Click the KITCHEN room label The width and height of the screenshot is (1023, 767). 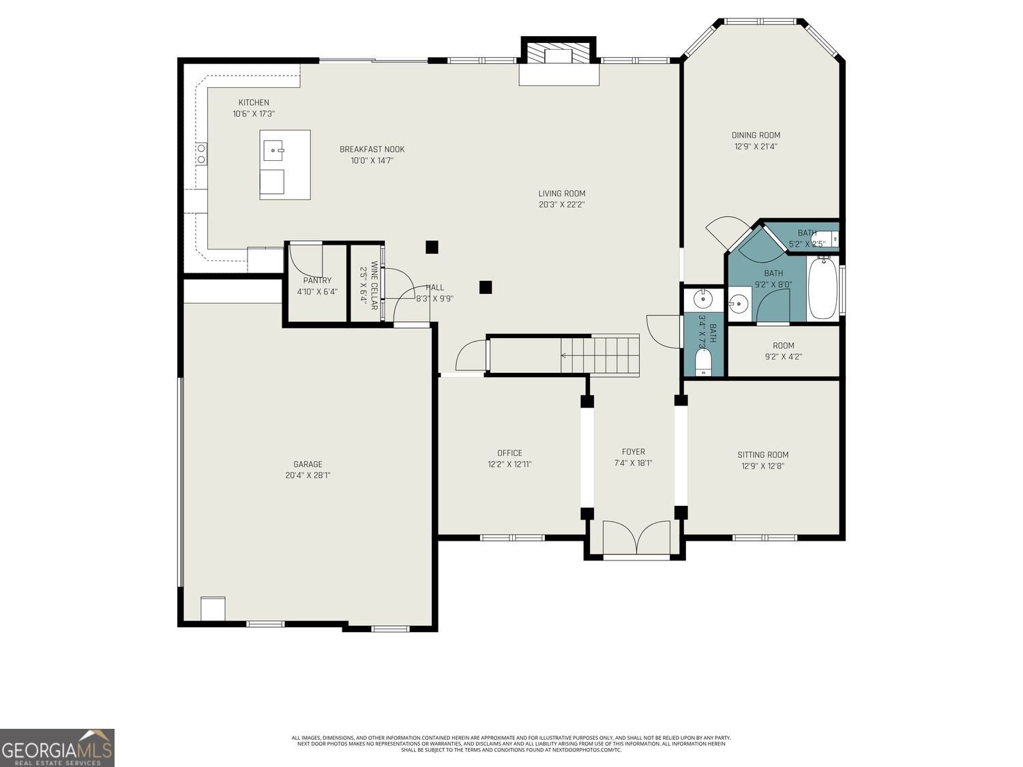click(253, 103)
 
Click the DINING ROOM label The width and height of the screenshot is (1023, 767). click(756, 135)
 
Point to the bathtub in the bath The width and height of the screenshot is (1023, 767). click(823, 288)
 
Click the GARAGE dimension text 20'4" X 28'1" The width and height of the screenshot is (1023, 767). click(308, 475)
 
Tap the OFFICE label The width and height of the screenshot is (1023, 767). click(509, 453)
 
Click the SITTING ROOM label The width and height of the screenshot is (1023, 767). click(762, 455)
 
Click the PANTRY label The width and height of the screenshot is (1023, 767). click(317, 280)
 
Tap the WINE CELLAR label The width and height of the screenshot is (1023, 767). click(374, 286)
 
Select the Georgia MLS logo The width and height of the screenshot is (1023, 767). click(57, 748)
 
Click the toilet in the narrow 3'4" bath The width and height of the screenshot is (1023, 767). click(703, 361)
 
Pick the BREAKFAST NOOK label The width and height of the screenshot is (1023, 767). click(372, 149)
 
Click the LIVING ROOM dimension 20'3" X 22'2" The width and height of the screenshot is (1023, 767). click(561, 204)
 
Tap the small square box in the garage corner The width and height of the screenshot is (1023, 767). click(213, 608)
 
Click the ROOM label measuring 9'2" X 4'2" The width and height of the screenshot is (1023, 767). click(783, 346)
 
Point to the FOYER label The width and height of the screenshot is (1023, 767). click(633, 451)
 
